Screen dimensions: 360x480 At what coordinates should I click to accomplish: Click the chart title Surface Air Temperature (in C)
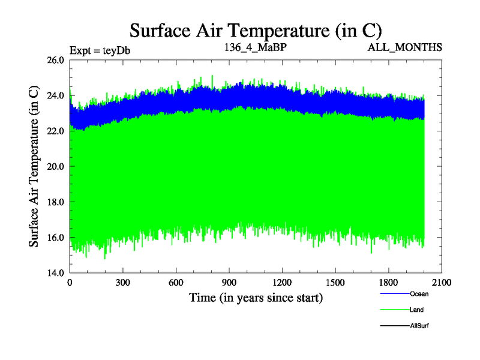click(256, 30)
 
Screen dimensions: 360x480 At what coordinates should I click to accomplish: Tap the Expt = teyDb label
click(100, 50)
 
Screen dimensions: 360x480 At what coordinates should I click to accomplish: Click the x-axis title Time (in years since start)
click(256, 298)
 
